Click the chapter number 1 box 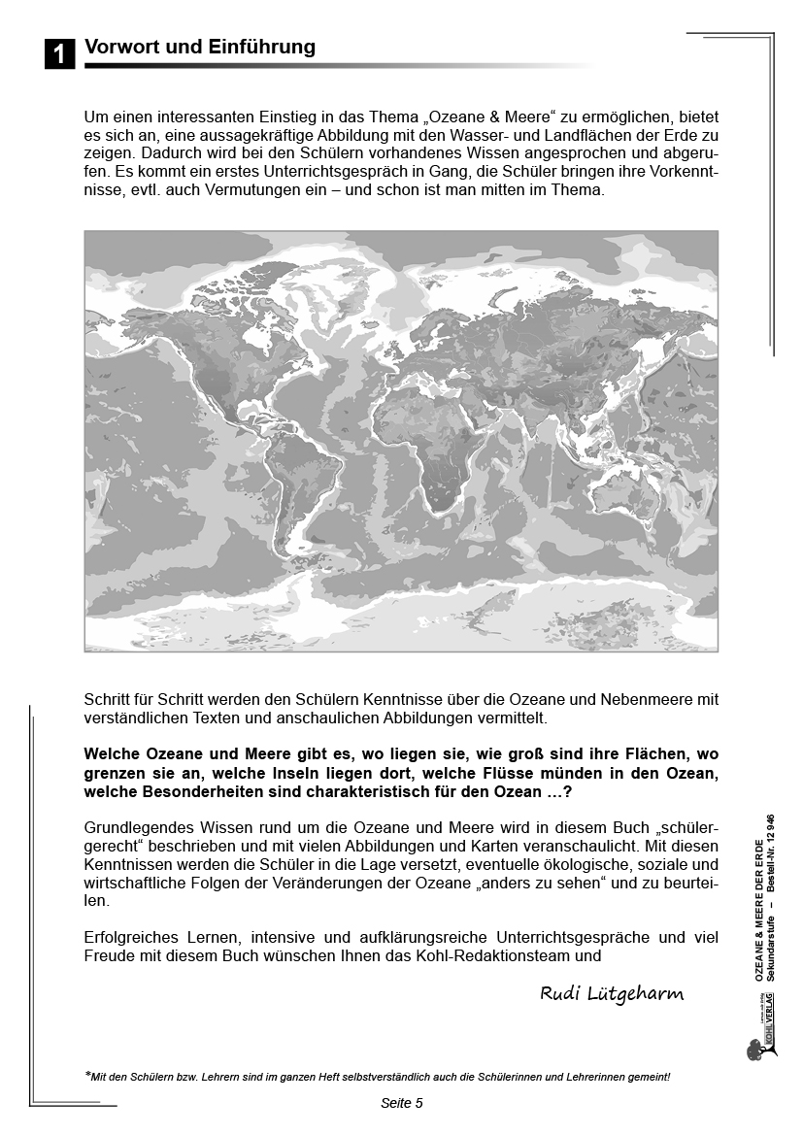click(59, 54)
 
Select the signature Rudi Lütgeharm click(612, 992)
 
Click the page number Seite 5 click(401, 1103)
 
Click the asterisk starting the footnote click(88, 1075)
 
